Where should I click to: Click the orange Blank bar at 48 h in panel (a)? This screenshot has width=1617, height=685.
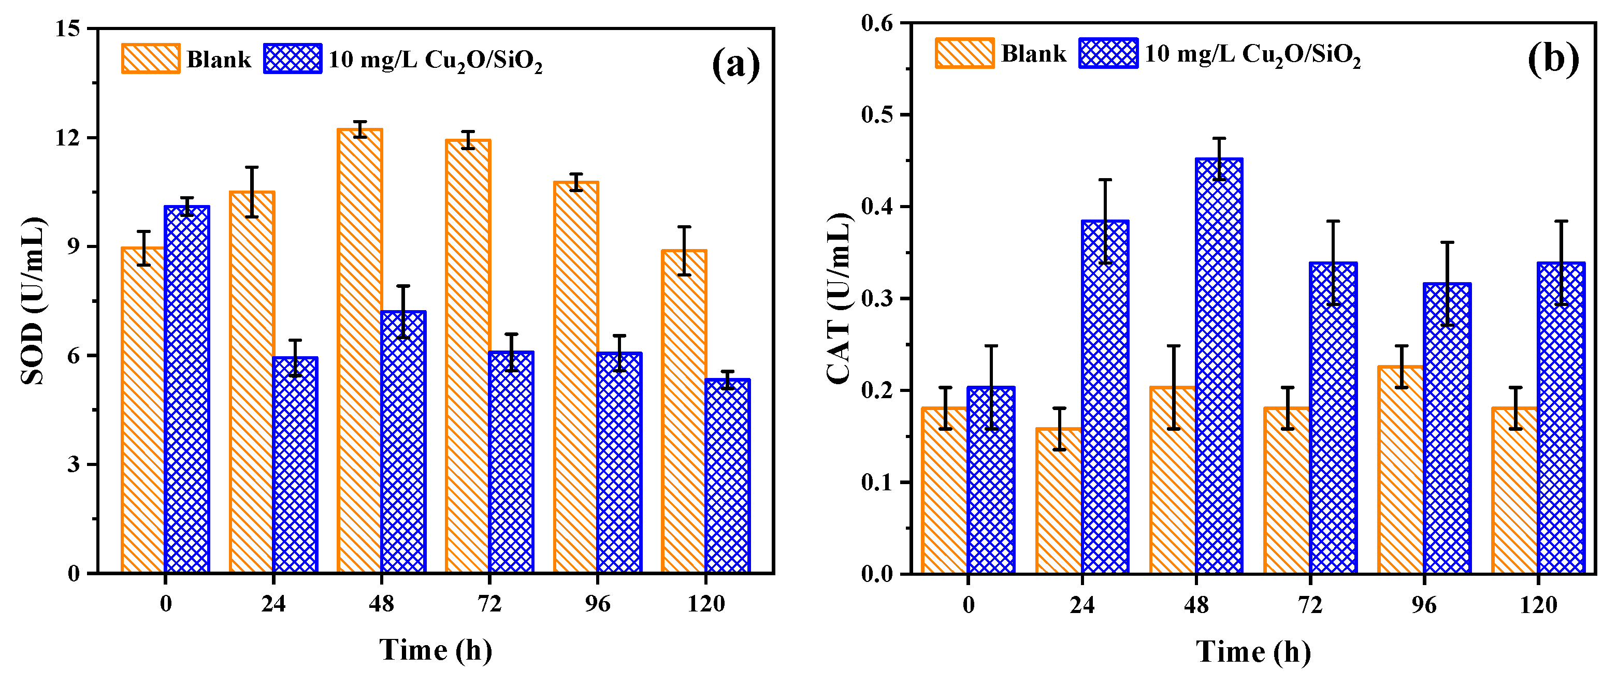pos(359,351)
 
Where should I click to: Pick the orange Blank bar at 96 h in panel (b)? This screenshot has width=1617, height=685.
pos(1400,471)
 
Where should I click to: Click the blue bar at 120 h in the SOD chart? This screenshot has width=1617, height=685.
pos(728,477)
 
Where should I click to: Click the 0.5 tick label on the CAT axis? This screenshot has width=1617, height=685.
pos(877,115)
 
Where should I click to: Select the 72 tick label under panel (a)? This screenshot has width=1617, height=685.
pos(489,604)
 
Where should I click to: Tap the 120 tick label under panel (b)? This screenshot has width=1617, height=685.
pos(1538,605)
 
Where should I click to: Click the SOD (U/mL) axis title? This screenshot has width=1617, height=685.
pos(33,301)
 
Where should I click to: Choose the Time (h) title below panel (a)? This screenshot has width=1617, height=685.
pos(436,650)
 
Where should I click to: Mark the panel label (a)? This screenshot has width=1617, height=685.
pos(735,64)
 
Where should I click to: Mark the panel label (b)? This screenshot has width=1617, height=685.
pos(1553,60)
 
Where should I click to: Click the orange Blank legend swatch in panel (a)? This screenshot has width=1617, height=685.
pos(151,59)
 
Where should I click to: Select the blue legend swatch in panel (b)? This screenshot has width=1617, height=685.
pos(1108,53)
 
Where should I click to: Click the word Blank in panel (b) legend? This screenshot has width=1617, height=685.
pos(1033,54)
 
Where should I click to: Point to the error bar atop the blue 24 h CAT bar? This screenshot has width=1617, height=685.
pos(1105,221)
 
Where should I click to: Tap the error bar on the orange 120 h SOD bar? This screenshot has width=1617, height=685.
pos(684,251)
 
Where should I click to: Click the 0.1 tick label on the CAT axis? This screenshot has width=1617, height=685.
pos(877,483)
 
